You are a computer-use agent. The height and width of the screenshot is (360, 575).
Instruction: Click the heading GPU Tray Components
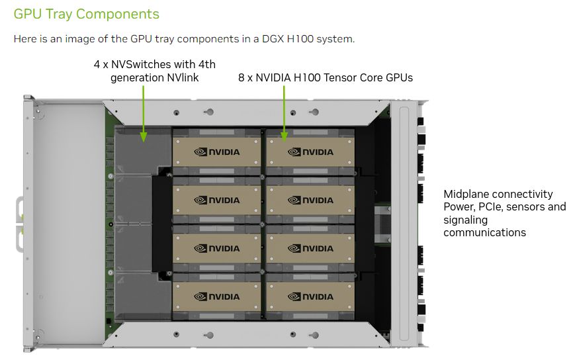86,13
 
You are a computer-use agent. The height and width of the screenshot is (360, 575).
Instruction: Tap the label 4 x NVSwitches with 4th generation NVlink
154,71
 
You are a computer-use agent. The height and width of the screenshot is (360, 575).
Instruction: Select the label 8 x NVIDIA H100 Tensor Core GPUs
325,77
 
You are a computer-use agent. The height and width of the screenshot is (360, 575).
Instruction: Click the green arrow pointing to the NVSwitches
144,112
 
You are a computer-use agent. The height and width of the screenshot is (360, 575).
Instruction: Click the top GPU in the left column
217,152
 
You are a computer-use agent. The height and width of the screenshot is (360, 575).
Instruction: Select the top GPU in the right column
310,152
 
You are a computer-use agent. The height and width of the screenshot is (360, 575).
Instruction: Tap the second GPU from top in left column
217,200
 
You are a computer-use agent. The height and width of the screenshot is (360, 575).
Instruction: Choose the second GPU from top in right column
310,200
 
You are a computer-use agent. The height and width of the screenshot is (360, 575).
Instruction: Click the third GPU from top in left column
217,248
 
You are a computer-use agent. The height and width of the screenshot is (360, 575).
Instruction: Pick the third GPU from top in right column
310,248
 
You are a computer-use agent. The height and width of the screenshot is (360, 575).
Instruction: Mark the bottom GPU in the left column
217,296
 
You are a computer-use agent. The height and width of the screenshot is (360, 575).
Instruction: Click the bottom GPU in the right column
310,296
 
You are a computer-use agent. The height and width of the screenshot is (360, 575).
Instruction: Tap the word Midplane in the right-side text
464,194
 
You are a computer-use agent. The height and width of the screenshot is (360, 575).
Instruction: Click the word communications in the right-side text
484,232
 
